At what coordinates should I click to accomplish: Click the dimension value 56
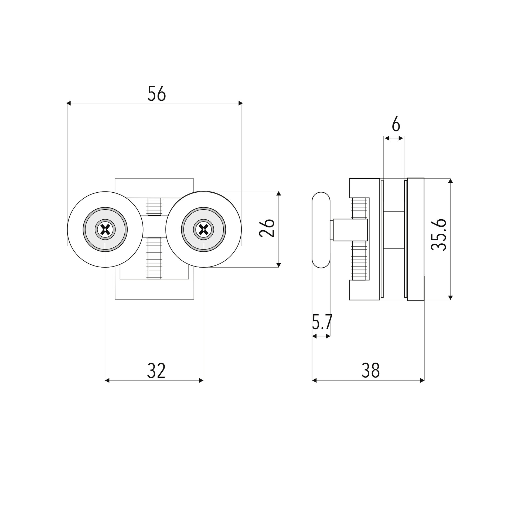tap(156, 94)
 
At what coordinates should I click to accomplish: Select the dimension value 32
tap(156, 370)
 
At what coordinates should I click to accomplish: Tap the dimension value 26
tap(267, 228)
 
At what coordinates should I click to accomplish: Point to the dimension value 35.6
tap(439, 235)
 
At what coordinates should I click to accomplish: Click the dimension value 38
tap(370, 370)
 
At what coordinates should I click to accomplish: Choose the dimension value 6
tap(396, 125)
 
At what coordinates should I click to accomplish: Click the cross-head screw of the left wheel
tap(105, 230)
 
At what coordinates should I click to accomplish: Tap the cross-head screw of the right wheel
tap(204, 230)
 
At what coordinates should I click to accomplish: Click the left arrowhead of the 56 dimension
tap(69, 103)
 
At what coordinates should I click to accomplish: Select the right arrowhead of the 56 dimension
tap(241, 103)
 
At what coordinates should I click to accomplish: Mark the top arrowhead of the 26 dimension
tap(279, 193)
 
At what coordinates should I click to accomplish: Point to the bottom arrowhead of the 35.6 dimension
tap(450, 298)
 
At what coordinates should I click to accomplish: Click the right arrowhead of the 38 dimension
tap(422, 380)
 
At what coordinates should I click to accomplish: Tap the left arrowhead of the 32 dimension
tap(107, 380)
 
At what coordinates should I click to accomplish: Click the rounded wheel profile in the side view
tap(321, 230)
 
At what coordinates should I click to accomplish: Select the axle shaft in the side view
tap(350, 230)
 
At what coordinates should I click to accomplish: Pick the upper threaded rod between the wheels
tap(154, 207)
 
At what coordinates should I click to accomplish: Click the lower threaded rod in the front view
tap(154, 258)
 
